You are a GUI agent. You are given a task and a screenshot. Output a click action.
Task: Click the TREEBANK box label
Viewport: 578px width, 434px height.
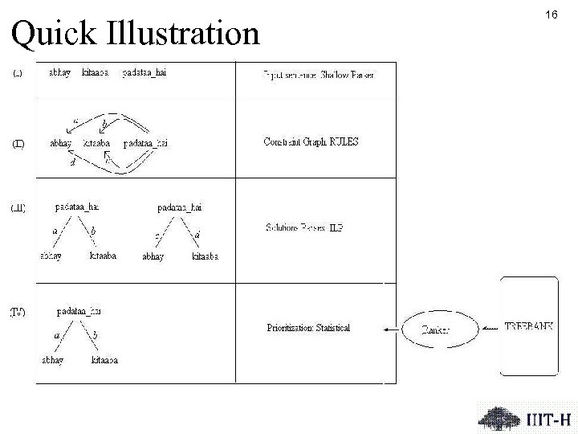(530, 327)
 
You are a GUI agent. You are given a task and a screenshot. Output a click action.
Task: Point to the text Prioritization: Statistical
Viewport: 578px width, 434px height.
(308, 328)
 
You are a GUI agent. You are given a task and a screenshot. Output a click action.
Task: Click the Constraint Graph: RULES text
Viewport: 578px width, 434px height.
(311, 142)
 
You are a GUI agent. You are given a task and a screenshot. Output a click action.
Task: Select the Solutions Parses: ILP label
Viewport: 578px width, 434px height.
(305, 227)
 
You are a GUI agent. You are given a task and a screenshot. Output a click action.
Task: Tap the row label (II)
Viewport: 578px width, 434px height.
(18, 144)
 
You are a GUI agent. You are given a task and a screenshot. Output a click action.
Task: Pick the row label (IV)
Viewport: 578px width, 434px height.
(18, 312)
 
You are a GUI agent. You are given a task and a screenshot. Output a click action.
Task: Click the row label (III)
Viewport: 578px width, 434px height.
(18, 208)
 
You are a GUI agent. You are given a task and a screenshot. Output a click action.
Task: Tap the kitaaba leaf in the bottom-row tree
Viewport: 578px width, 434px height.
(105, 360)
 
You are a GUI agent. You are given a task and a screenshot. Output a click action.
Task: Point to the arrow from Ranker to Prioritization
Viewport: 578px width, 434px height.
(396, 328)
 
